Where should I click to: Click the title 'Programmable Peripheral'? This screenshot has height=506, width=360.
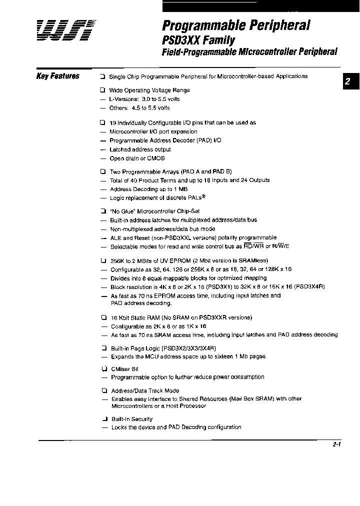(236, 25)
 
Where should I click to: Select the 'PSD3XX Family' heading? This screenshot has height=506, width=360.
(198, 39)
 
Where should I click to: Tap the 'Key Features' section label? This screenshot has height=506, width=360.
(58, 76)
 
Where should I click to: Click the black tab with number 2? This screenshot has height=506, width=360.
(349, 82)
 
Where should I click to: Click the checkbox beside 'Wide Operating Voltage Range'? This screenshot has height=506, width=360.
(102, 90)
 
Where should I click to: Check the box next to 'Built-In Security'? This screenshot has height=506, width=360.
(102, 419)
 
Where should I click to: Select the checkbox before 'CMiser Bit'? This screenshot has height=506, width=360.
(102, 369)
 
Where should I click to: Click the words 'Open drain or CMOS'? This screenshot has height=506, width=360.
(137, 158)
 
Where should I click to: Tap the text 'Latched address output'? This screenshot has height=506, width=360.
(140, 149)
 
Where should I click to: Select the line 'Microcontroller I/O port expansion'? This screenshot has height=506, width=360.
(153, 131)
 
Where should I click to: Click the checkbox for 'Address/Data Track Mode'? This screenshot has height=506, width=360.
(102, 390)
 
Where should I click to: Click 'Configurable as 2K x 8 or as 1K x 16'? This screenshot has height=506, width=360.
(157, 326)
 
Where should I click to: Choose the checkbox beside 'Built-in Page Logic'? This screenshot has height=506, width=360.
(102, 347)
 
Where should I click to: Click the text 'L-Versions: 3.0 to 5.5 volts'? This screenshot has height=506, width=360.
(144, 99)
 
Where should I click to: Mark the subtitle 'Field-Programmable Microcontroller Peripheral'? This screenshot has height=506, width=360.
(249, 51)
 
